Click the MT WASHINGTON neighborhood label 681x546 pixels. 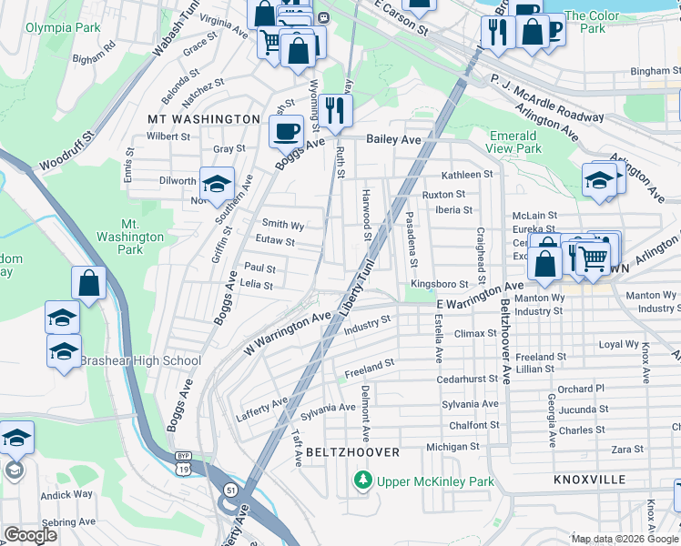click(205, 119)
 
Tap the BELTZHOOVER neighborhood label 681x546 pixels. click(352, 452)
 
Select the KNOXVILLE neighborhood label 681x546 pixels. click(589, 479)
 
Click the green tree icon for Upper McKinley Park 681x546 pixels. click(363, 479)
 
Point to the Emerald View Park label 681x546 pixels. click(515, 142)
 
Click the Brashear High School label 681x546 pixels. click(140, 360)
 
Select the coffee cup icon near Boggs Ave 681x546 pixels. click(286, 131)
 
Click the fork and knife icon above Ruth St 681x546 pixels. click(335, 110)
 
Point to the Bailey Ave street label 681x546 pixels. click(393, 139)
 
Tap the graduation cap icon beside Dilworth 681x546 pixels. click(218, 185)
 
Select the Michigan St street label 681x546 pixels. click(452, 447)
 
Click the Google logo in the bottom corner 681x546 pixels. click(30, 535)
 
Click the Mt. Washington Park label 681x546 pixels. click(131, 237)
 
